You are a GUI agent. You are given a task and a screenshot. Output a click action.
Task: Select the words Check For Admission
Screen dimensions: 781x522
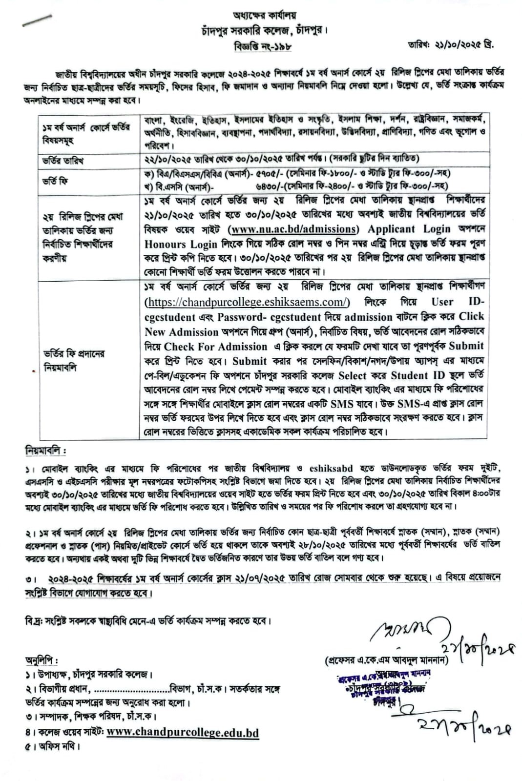pos(215,347)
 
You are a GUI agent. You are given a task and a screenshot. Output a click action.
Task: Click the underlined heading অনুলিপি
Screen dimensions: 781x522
pos(41,661)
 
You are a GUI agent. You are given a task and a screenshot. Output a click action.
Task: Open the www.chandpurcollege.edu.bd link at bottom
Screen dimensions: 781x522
pos(183,732)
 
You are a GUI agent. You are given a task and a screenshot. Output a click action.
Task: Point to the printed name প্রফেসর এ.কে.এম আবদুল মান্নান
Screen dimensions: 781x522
pos(386,660)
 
